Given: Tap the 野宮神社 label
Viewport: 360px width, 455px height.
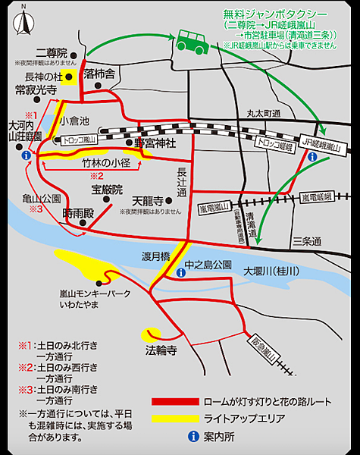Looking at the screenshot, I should click(155, 143).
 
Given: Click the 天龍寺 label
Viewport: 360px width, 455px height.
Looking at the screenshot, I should click(147, 202).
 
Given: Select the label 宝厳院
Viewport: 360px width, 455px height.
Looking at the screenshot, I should click(107, 189).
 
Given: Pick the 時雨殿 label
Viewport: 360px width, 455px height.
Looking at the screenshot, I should click(79, 213).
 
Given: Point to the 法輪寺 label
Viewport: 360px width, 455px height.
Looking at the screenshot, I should click(161, 351).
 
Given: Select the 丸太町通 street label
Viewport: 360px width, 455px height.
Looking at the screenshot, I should click(264, 113).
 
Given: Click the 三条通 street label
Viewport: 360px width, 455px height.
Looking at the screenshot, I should click(307, 242).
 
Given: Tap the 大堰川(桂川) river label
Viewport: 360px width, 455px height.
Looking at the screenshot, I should click(271, 271).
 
